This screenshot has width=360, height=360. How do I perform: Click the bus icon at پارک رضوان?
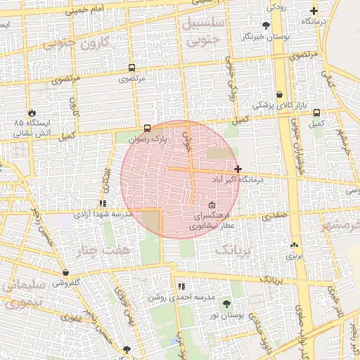coord(147,128)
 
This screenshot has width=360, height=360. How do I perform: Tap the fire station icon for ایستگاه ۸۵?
coord(32,113)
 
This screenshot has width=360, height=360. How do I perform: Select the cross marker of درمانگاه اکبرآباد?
coord(238,169)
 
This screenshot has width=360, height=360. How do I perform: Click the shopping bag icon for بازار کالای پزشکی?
coord(280,94)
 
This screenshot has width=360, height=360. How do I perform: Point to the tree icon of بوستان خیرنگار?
coord(265,25)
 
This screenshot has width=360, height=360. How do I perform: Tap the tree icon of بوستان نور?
coord(226,304)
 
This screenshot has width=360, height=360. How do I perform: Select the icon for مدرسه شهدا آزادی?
coord(103,203)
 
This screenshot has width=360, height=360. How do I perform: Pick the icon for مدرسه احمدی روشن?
coord(181,286)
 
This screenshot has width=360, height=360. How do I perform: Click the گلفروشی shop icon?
coord(65,272)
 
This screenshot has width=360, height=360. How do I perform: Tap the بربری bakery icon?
coord(294,245)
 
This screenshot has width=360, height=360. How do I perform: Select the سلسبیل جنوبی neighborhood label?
coord(204,32)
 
